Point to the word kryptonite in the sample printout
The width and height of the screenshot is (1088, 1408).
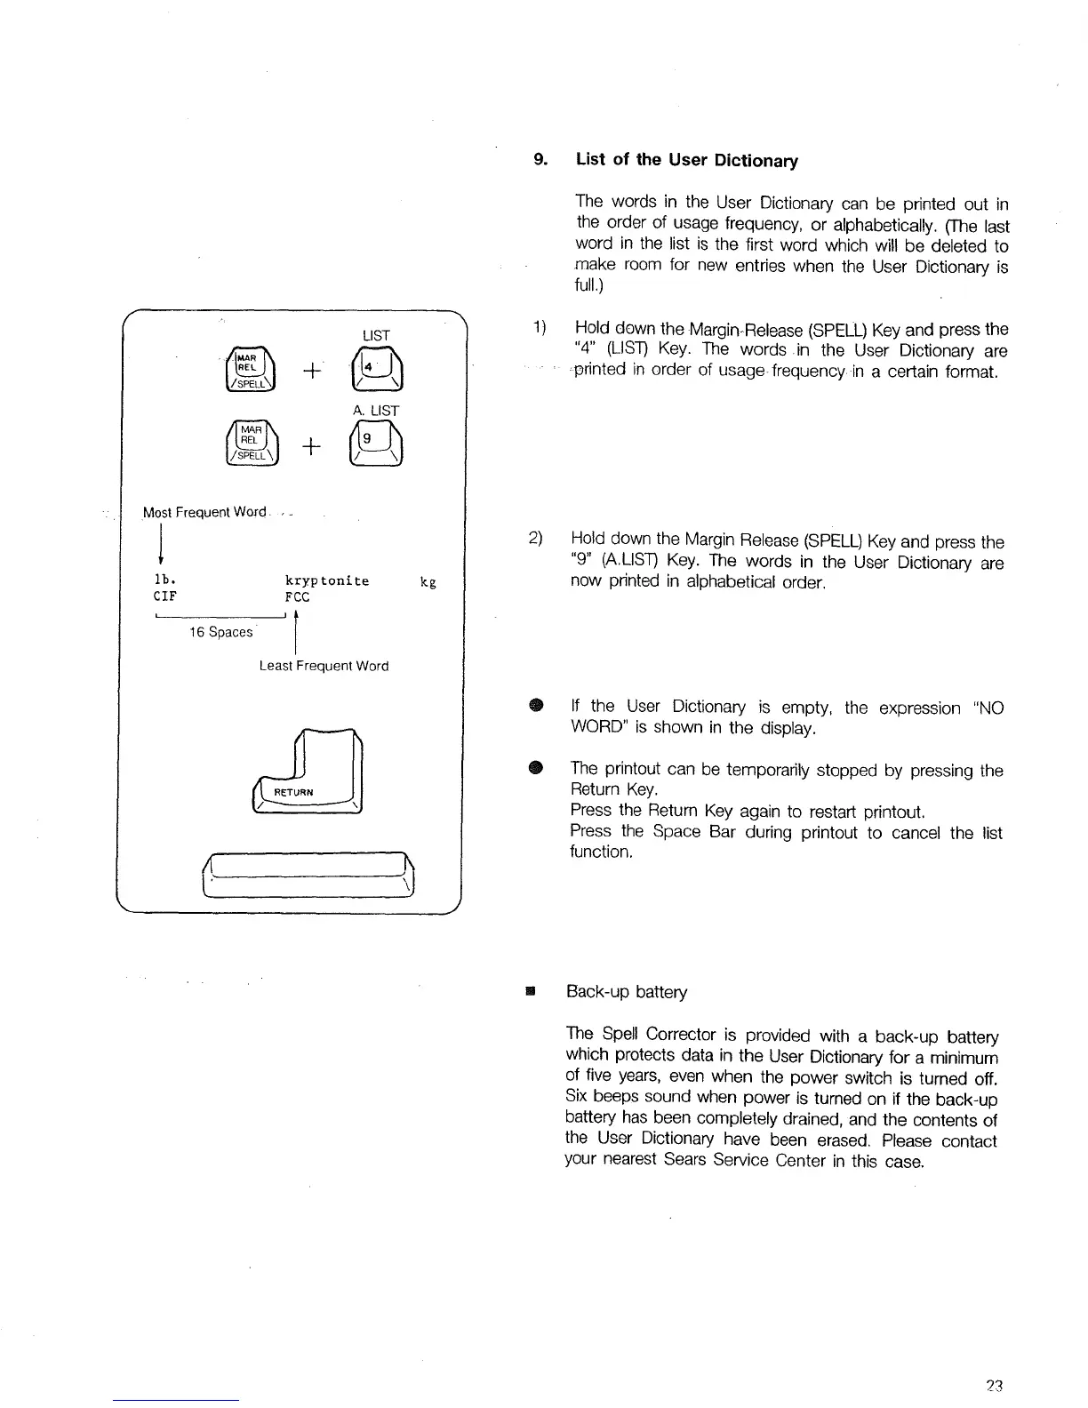tap(326, 580)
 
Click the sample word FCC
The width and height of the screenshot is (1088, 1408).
tap(297, 597)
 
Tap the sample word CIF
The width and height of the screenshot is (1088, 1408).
tap(164, 597)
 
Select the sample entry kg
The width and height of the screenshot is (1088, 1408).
tap(428, 581)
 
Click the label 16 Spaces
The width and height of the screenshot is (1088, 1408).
tap(220, 632)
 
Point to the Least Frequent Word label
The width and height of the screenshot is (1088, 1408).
tap(324, 666)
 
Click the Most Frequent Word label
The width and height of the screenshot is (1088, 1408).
tap(204, 512)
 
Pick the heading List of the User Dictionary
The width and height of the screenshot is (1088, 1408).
tap(687, 160)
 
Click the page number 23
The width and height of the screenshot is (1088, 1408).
tap(994, 1385)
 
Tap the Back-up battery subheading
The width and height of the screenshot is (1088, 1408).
tap(627, 991)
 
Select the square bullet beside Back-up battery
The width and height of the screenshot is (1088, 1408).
tap(530, 990)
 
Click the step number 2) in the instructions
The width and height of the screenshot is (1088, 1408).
tap(536, 538)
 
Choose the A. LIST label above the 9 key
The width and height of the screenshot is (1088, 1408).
tap(375, 411)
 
